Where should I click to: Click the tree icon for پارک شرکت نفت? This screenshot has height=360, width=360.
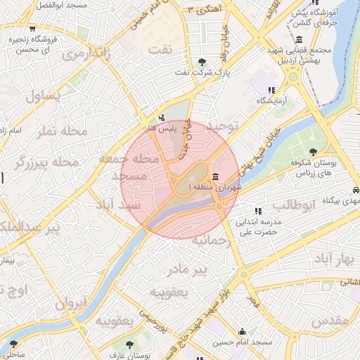click(x=203, y=61)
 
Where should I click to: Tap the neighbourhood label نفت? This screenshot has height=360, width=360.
click(x=160, y=50)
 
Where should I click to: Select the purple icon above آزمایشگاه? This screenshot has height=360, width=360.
click(x=271, y=90)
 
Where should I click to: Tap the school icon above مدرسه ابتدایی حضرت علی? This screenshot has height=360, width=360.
click(x=258, y=210)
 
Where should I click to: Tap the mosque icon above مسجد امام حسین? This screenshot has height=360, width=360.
click(x=243, y=331)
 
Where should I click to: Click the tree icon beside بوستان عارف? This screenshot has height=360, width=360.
click(x=129, y=345)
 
